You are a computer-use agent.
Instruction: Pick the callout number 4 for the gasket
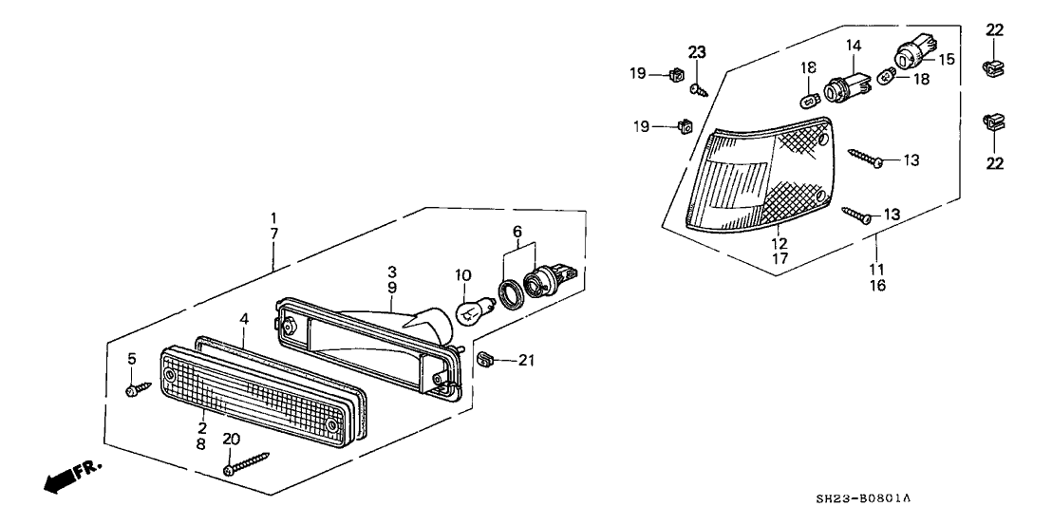coord(244,320)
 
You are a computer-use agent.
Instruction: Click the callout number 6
coord(517,232)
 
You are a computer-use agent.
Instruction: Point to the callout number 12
coord(780,243)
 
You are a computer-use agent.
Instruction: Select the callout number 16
coord(877,285)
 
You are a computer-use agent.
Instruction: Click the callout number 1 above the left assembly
coord(274,216)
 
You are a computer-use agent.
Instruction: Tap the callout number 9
coord(390,286)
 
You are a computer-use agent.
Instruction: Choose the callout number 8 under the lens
coord(201,442)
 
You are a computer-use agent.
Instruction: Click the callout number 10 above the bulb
coord(462,275)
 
